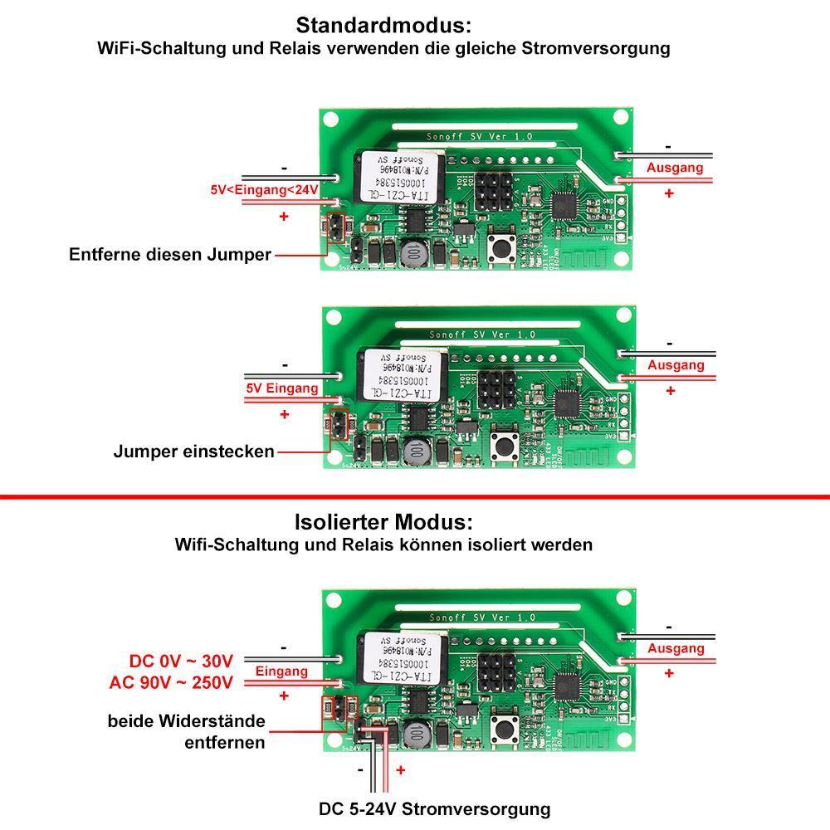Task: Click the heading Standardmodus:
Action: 383,24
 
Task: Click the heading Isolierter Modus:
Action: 383,523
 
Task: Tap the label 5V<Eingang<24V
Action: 265,190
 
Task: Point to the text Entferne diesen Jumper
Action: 170,255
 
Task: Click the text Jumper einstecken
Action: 193,452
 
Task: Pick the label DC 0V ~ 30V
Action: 182,662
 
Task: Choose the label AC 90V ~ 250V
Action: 171,682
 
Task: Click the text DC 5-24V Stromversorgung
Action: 434,808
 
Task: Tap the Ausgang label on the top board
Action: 675,168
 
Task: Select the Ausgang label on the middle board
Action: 676,365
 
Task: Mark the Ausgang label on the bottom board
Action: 676,648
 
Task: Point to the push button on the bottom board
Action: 502,730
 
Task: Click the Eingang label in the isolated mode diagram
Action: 281,671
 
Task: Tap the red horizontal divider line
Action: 415,497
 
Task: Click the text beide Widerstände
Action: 186,720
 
